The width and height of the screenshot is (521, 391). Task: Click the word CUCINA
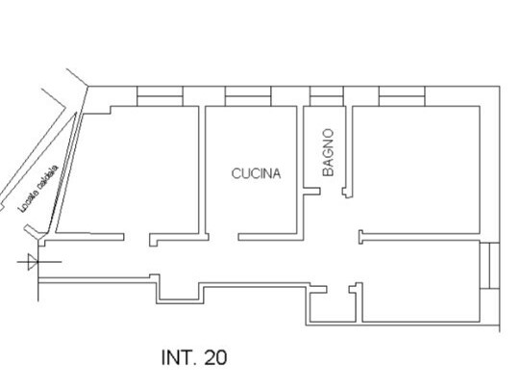coord(256,174)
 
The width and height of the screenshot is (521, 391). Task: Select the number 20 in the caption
coord(216,357)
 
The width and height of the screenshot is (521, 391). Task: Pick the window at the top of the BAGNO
coord(326,95)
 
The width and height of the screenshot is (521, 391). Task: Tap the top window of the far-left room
coord(161,95)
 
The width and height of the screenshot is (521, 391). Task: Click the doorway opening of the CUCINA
coord(221,234)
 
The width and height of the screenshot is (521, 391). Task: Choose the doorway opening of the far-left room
coord(136,236)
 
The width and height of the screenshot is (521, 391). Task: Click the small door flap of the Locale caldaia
coord(37,228)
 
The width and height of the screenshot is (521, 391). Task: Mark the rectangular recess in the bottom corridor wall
coord(179,292)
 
